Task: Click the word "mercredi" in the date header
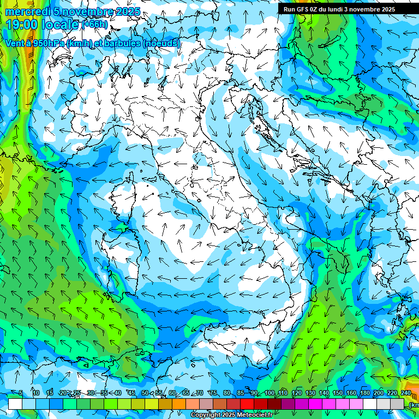28,11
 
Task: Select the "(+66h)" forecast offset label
95,25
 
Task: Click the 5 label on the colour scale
21,393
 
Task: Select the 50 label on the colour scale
145,393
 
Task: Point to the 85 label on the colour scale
241,393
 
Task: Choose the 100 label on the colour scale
270,393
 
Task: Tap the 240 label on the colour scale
405,393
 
